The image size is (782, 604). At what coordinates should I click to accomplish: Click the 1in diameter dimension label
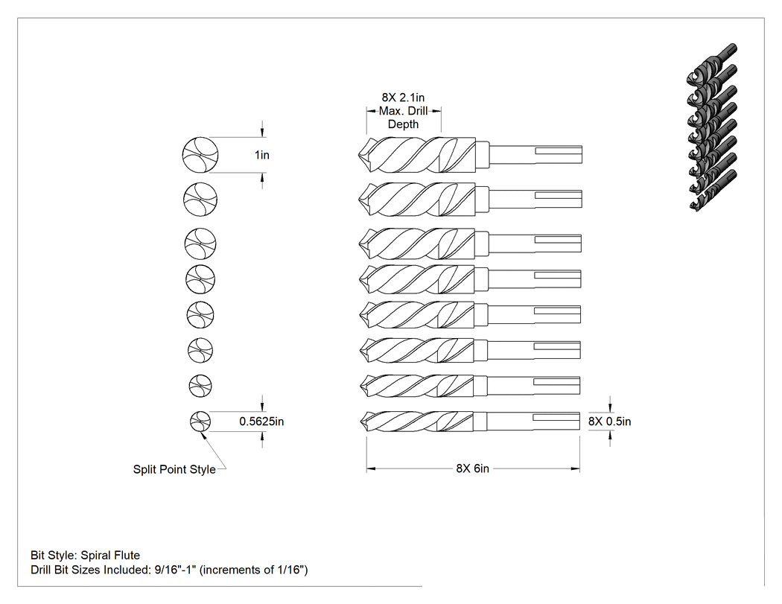262,155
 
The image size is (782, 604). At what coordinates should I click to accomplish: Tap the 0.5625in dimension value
261,422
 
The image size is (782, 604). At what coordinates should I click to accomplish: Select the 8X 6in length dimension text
472,468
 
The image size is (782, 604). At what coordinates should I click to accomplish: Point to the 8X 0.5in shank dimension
609,422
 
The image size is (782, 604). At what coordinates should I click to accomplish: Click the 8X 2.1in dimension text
404,98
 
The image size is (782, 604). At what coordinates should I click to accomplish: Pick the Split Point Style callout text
174,469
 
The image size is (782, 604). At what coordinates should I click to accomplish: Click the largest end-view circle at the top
200,155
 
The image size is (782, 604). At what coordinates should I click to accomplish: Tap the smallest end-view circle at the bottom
200,422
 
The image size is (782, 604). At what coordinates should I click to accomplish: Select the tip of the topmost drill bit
360,155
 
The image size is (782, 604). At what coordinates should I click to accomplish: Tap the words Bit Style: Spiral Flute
86,555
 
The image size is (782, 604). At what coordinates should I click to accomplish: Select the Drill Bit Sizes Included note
169,570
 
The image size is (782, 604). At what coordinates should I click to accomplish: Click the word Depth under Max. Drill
404,124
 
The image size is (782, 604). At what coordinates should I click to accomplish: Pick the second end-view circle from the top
200,200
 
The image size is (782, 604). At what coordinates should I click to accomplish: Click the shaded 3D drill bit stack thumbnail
712,127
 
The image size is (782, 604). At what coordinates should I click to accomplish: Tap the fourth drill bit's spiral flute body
417,279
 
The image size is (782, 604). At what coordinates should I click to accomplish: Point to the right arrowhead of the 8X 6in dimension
576,469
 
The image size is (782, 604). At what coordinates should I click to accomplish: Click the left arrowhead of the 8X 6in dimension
371,469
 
